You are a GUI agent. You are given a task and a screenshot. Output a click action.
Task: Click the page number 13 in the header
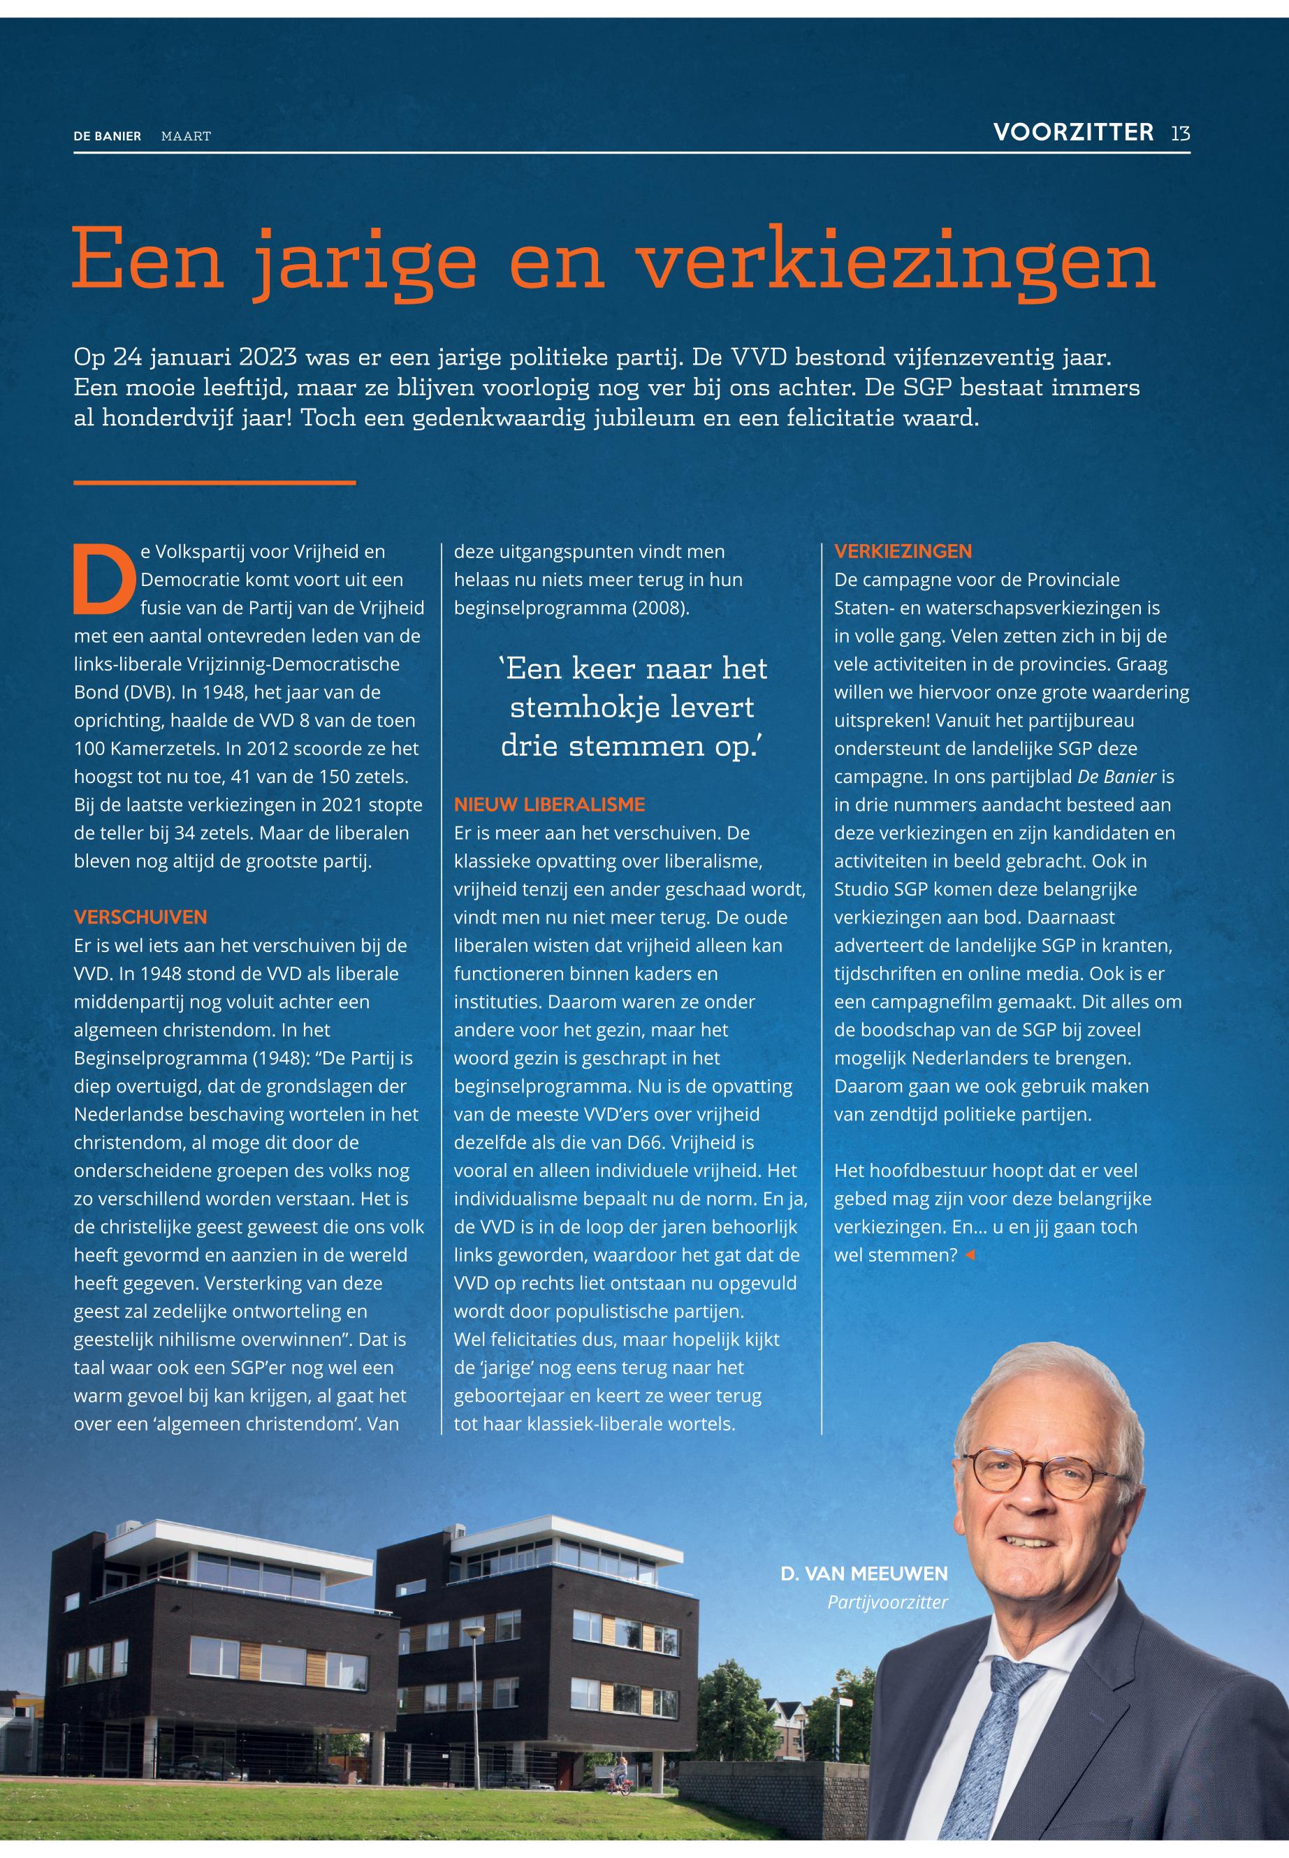pos(1180,133)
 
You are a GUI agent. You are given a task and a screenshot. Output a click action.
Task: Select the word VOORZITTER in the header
pos(1072,133)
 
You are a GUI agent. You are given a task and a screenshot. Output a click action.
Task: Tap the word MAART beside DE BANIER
pos(186,136)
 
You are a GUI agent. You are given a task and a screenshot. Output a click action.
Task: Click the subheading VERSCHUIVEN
pos(140,917)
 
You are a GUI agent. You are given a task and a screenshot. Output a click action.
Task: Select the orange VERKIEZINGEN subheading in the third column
pos(903,552)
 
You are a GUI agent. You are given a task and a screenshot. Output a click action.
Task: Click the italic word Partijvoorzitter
pos(887,1602)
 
